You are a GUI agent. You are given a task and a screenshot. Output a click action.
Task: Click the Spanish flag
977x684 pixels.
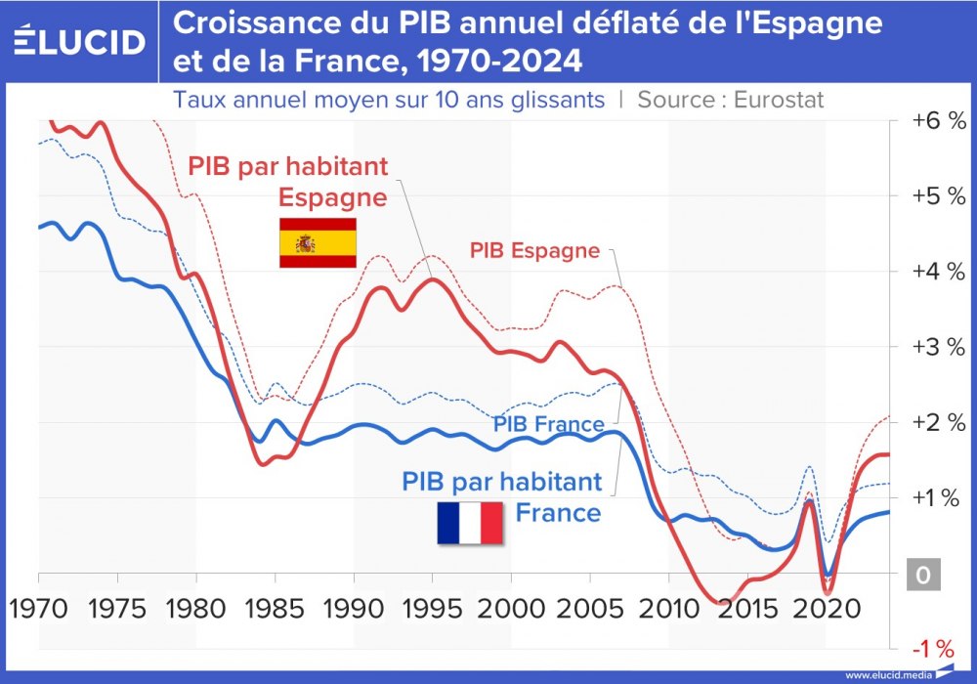point(318,242)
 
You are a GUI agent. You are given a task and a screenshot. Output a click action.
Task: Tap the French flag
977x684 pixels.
point(469,523)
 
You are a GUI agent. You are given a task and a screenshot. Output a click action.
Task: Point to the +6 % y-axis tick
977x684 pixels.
point(938,121)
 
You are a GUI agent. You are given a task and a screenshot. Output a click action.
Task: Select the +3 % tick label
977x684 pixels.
point(938,347)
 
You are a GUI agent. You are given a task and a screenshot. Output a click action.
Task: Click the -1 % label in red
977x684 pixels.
point(932,648)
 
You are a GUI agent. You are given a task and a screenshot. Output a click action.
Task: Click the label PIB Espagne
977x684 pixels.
point(534,250)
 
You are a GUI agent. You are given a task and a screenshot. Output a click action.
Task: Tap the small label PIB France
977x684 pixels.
point(548,424)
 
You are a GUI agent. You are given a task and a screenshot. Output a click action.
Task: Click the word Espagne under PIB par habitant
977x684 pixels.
point(332,196)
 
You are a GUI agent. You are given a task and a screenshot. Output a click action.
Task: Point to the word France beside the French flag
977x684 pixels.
point(558,512)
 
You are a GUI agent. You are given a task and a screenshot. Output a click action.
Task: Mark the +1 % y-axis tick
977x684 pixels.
point(938,497)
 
